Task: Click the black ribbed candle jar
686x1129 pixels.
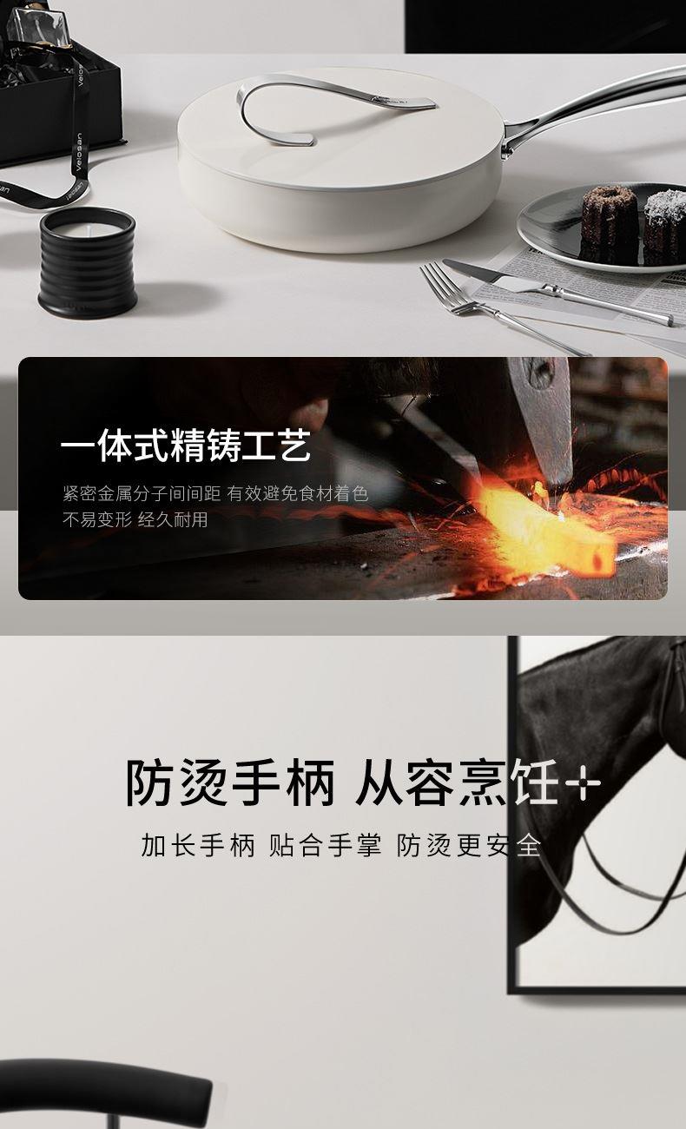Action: (x=87, y=262)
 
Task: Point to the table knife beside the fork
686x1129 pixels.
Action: (x=557, y=291)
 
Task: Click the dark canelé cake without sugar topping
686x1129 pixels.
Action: (x=609, y=225)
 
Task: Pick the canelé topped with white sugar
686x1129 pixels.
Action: (x=665, y=227)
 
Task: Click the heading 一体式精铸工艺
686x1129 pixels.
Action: (x=185, y=446)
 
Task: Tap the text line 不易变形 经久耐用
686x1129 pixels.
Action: (x=135, y=519)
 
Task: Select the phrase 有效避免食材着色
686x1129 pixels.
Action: (x=297, y=493)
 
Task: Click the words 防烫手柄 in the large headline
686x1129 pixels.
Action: (x=230, y=782)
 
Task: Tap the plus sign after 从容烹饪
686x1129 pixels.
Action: (x=583, y=783)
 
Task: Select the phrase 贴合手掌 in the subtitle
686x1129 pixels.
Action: (x=325, y=845)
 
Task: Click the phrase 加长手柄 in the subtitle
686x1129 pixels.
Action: (x=198, y=845)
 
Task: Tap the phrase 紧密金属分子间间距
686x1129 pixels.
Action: (x=142, y=493)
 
